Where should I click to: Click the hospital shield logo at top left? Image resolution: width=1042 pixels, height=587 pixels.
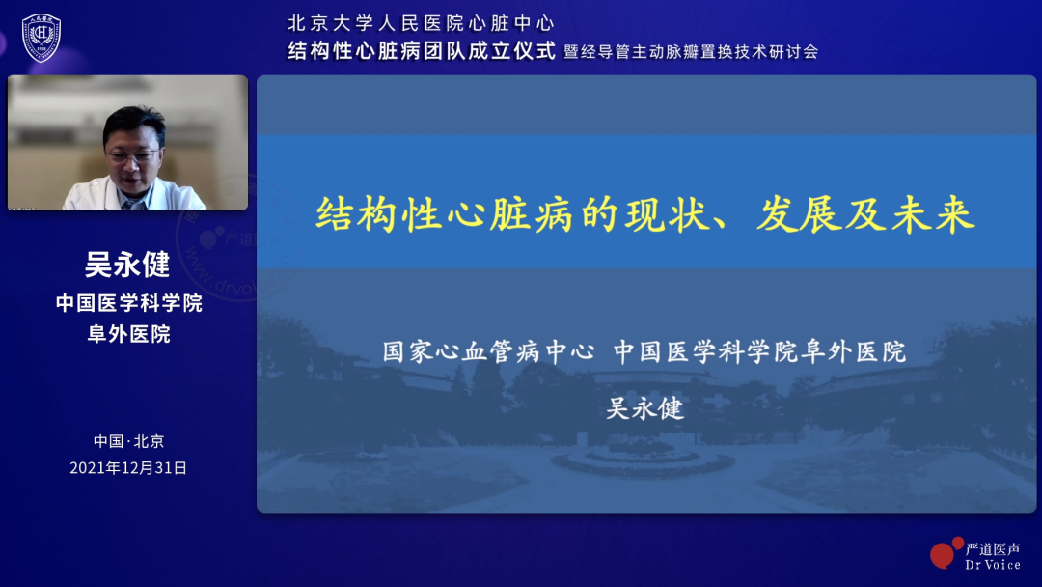(x=41, y=38)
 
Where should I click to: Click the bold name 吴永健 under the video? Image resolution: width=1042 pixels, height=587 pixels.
(x=127, y=265)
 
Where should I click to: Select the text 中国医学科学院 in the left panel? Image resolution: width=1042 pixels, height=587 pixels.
(x=128, y=303)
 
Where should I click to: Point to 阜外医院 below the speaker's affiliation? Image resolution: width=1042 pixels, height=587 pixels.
(x=128, y=334)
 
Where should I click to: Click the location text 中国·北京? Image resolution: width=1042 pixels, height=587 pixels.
(x=128, y=441)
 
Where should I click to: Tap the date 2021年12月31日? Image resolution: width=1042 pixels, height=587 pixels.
(x=128, y=468)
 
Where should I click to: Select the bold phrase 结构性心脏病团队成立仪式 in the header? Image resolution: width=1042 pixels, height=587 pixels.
(x=422, y=51)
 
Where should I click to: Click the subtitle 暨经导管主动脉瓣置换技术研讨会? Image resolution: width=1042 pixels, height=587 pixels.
(x=691, y=52)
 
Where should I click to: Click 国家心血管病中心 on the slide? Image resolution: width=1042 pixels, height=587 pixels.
(x=488, y=351)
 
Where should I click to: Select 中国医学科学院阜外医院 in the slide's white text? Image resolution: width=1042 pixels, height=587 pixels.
(x=759, y=351)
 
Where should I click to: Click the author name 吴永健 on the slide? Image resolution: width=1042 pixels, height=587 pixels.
(x=644, y=408)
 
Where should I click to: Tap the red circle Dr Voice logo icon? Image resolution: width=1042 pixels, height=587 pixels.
(x=946, y=552)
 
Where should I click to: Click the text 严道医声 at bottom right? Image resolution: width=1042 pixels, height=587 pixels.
(x=992, y=547)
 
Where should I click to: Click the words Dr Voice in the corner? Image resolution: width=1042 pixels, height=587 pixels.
(x=992, y=564)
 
